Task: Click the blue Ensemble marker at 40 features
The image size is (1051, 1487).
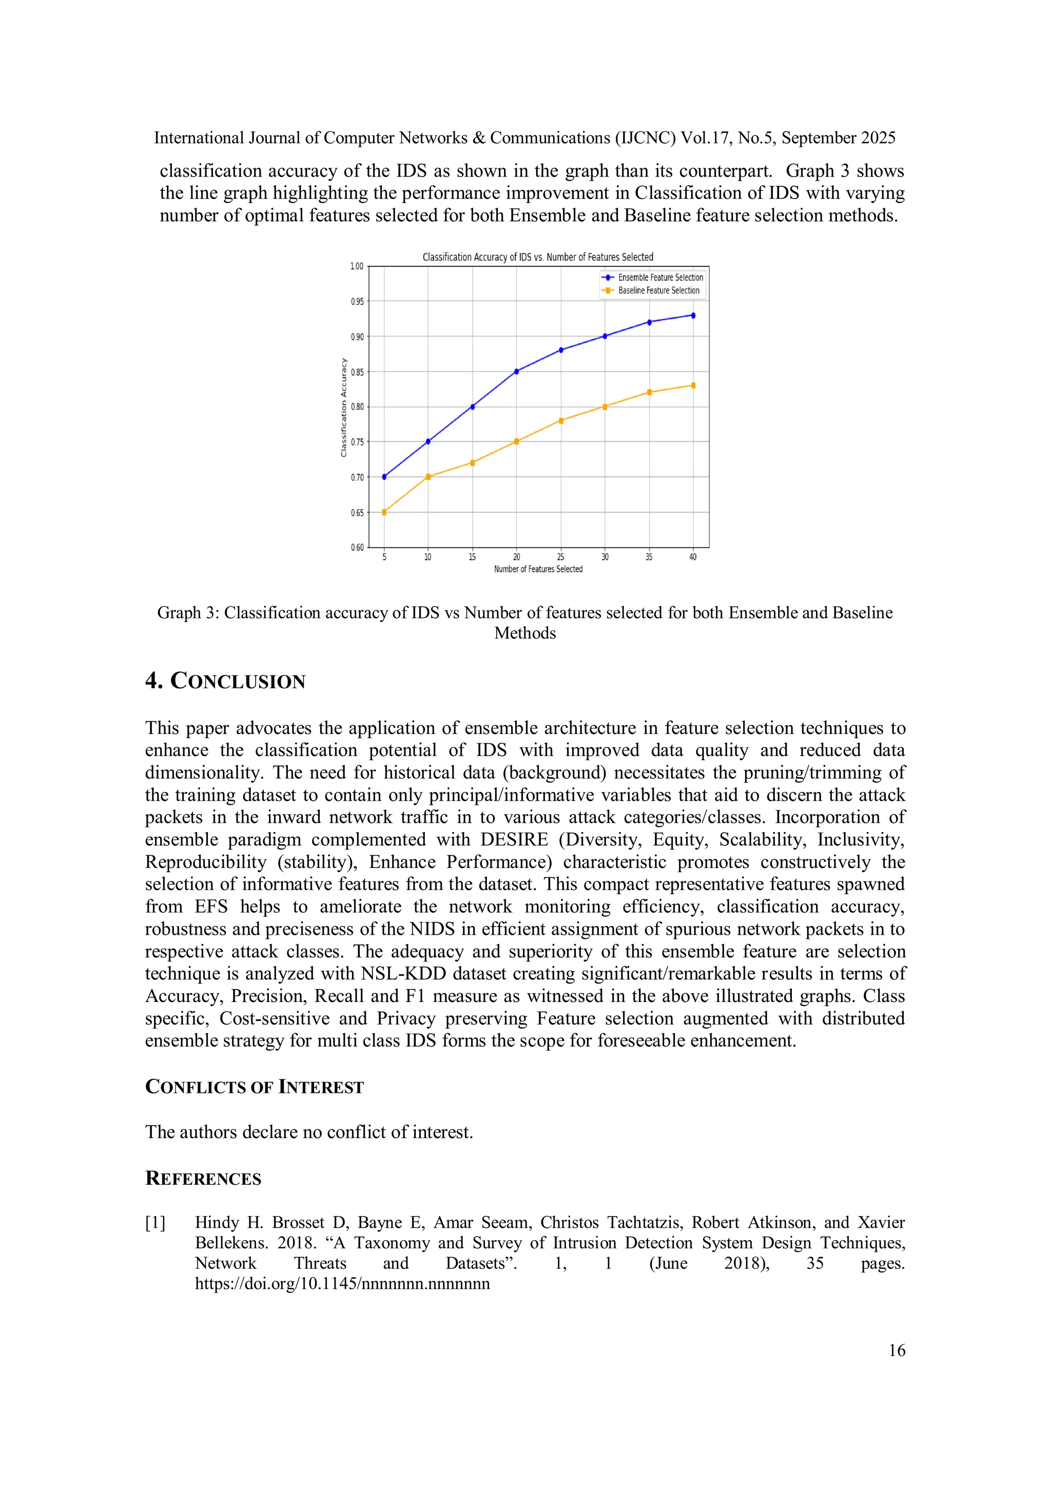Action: [x=693, y=315]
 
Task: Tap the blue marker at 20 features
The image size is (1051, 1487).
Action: [x=516, y=372]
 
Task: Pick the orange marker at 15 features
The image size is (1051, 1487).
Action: [x=472, y=463]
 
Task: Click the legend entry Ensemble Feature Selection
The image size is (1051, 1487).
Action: [x=660, y=277]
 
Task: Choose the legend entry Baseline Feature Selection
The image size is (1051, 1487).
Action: [x=658, y=291]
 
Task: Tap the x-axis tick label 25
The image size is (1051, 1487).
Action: [x=560, y=557]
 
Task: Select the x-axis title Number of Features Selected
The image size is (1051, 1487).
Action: [x=538, y=569]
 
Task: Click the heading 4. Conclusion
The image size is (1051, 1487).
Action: [x=225, y=681]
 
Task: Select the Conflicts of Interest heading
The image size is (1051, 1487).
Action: [x=254, y=1087]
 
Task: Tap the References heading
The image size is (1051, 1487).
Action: [x=203, y=1178]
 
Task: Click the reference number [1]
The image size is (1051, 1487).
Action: [x=155, y=1223]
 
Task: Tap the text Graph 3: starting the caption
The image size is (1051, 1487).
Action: [x=188, y=613]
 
